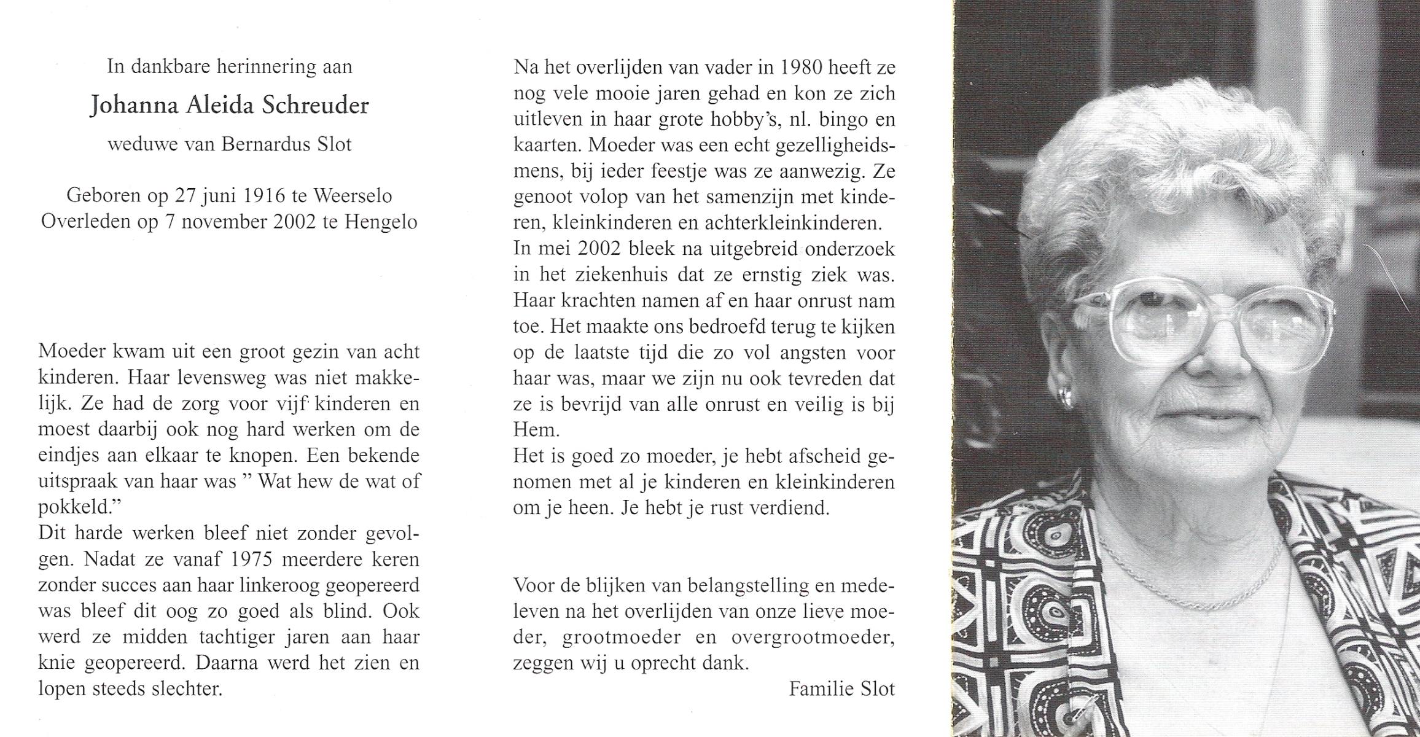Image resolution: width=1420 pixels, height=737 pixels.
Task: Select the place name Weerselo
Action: click(x=353, y=196)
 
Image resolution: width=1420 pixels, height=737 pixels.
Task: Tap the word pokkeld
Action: click(x=77, y=507)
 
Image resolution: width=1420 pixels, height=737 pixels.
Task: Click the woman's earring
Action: click(x=1066, y=396)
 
